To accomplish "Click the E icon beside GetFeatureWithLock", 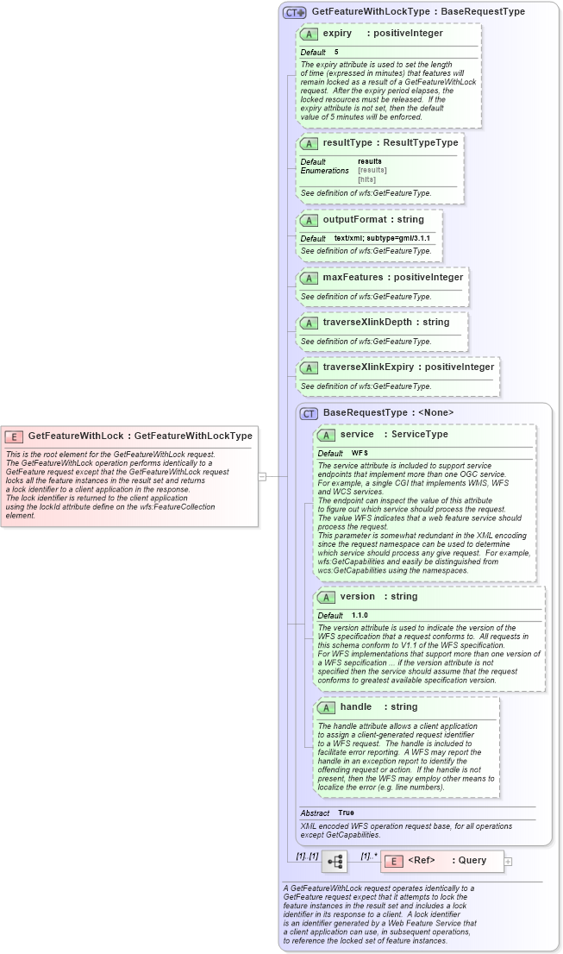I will pos(14,436).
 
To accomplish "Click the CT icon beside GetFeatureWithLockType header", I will pos(295,12).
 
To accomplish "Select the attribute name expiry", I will pos(337,34).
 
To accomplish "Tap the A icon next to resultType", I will pos(309,143).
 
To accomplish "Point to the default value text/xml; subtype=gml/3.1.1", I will pos(382,238).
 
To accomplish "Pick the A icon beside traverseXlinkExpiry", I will pos(309,367).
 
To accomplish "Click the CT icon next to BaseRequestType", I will pos(309,414).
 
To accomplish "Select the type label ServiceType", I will pos(420,435).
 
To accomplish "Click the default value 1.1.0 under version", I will pos(360,615).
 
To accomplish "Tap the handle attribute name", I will pos(355,707).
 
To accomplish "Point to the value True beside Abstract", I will pos(346,813).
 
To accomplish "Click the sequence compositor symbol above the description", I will pos(334,861).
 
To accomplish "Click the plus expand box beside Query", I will pos(508,861).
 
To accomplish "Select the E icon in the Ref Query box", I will pos(393,861).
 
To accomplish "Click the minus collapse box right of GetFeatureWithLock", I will pos(262,475).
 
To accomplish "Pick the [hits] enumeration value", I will pos(367,179).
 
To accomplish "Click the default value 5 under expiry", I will pos(336,53).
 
